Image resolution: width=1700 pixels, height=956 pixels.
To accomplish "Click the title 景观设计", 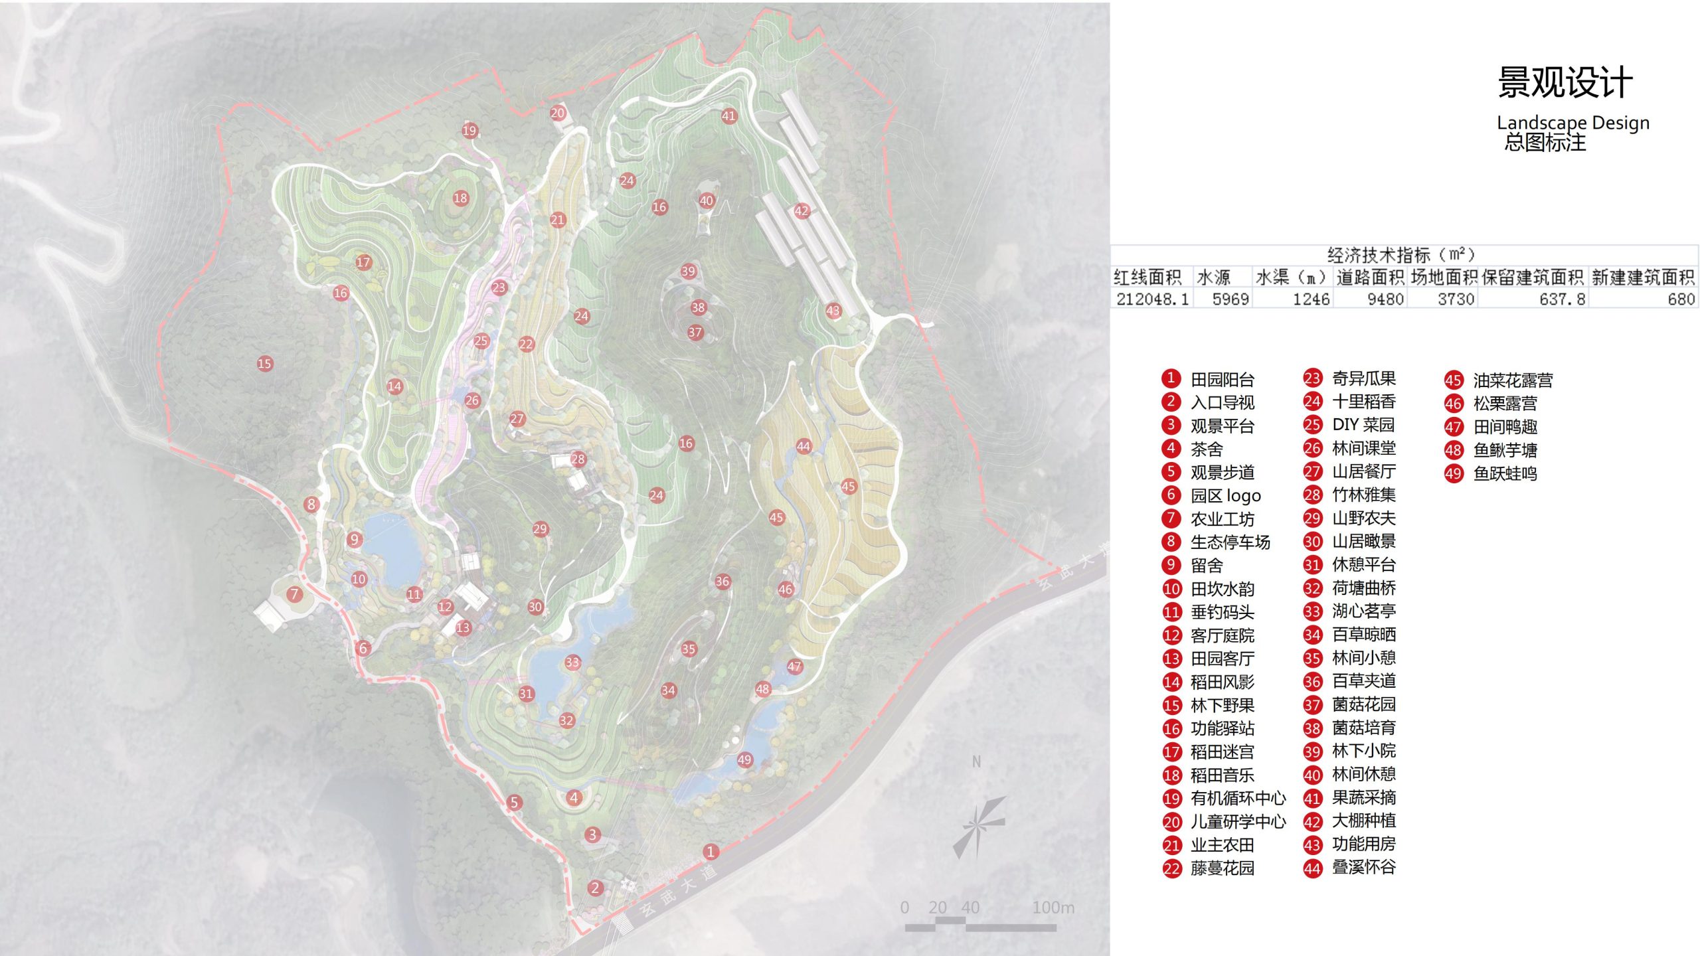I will tap(1565, 83).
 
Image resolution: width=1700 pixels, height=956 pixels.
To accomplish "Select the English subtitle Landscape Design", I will tap(1572, 123).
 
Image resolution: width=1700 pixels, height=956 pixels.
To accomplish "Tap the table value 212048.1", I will tap(1152, 299).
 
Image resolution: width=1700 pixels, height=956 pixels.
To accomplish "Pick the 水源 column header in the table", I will tap(1213, 277).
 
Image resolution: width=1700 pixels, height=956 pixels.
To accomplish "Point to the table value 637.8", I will tap(1562, 299).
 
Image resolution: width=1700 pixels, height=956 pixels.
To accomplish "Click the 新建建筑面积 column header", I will tap(1643, 277).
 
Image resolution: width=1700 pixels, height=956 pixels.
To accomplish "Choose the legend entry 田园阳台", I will tap(1222, 379).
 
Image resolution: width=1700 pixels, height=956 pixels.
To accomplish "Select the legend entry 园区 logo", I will tap(1225, 495).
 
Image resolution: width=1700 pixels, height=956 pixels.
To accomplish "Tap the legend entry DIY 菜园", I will tap(1363, 425).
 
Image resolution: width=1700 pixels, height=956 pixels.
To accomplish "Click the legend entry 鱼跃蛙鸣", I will tap(1505, 473).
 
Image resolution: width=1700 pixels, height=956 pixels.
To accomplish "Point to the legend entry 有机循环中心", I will tap(1238, 798).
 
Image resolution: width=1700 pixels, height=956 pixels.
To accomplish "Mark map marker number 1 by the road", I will tap(711, 851).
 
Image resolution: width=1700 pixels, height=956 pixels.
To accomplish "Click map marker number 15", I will tap(264, 363).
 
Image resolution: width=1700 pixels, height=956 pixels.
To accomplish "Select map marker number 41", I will tap(728, 116).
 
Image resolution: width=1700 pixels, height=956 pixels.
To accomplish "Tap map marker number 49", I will tap(744, 759).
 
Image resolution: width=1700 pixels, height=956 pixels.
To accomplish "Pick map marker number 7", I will tap(294, 594).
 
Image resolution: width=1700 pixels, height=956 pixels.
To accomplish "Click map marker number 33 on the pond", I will tap(572, 662).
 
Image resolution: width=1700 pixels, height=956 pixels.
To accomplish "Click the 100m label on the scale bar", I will tap(1053, 908).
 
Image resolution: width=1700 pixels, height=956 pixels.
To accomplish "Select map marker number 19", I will tap(469, 130).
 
